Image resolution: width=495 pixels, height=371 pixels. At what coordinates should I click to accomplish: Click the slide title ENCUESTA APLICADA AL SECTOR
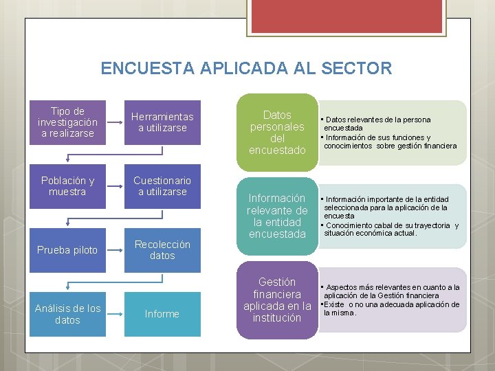tap(246, 69)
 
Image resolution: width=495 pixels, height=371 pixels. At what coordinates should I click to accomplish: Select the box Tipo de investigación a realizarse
tap(68, 122)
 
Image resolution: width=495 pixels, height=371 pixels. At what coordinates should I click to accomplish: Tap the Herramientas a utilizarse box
tap(162, 122)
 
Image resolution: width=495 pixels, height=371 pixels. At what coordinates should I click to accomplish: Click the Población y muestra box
tap(68, 186)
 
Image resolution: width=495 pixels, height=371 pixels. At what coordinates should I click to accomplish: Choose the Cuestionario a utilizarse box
tap(162, 186)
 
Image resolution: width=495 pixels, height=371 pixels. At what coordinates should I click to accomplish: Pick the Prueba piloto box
tap(68, 250)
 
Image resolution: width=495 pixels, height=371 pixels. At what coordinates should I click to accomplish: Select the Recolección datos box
tap(162, 250)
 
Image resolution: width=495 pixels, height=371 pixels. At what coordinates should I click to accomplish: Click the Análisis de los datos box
tap(68, 314)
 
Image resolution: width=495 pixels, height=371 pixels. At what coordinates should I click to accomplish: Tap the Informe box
tap(162, 314)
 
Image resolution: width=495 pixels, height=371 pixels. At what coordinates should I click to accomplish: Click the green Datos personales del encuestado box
tap(277, 132)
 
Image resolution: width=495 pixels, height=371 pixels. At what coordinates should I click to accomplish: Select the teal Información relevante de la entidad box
tap(277, 216)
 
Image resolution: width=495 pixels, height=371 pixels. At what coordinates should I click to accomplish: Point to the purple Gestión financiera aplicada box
tap(277, 300)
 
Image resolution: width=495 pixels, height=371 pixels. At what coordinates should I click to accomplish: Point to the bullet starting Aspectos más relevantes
tap(392, 291)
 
